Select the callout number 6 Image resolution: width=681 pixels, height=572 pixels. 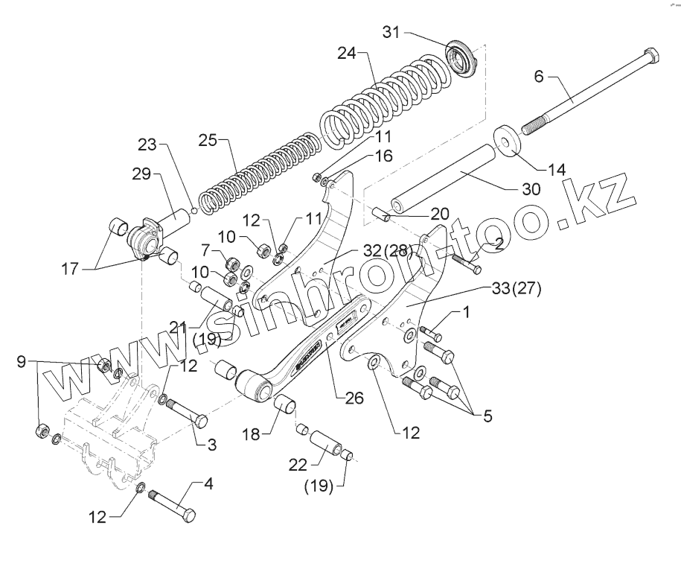tap(540, 76)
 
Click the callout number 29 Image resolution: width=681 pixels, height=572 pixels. tap(141, 174)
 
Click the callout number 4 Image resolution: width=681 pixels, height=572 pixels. tap(209, 483)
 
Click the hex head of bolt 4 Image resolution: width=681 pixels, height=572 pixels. tap(189, 514)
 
